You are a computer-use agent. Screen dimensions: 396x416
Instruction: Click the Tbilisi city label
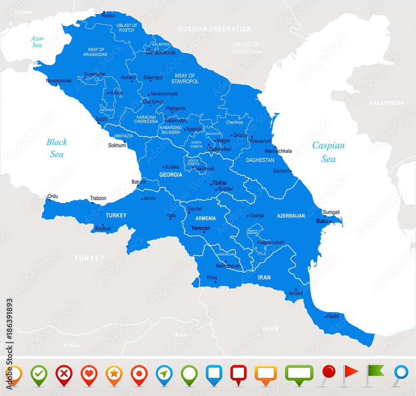220,183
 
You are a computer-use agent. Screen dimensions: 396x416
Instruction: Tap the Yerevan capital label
201,228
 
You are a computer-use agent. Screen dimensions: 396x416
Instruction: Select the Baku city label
322,221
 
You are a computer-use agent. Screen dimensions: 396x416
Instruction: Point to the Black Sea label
57,148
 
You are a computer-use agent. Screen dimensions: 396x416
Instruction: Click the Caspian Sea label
328,152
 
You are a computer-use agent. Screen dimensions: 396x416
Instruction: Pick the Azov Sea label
37,42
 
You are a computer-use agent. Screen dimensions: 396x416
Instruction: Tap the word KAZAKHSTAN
386,103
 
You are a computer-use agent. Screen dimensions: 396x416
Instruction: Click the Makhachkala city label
278,151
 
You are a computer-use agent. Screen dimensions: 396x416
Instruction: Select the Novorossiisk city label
59,80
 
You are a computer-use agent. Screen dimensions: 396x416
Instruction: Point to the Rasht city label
333,316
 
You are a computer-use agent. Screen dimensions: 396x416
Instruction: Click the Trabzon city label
98,198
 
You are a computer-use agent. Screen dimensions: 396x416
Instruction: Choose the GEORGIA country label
171,175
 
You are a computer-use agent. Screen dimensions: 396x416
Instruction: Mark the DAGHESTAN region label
260,160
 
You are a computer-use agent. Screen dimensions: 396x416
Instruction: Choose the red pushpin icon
328,371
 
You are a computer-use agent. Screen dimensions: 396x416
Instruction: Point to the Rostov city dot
104,12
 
